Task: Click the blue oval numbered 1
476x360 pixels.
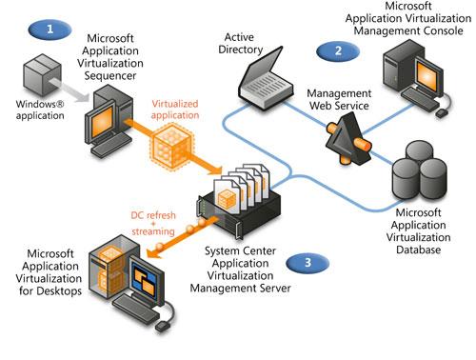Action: click(50, 30)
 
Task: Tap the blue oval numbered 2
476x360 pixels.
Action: click(338, 50)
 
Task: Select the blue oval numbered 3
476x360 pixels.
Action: click(307, 263)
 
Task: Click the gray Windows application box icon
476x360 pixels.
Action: click(42, 75)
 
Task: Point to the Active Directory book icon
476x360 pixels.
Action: click(266, 79)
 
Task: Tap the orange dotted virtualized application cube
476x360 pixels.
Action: click(171, 146)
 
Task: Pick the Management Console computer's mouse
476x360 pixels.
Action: click(442, 112)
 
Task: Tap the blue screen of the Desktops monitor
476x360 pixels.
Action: click(145, 278)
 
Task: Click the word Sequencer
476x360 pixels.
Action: click(110, 76)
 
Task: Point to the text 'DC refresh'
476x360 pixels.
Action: click(153, 215)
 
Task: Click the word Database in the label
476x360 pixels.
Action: click(418, 250)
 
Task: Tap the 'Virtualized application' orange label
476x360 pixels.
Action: click(175, 110)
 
